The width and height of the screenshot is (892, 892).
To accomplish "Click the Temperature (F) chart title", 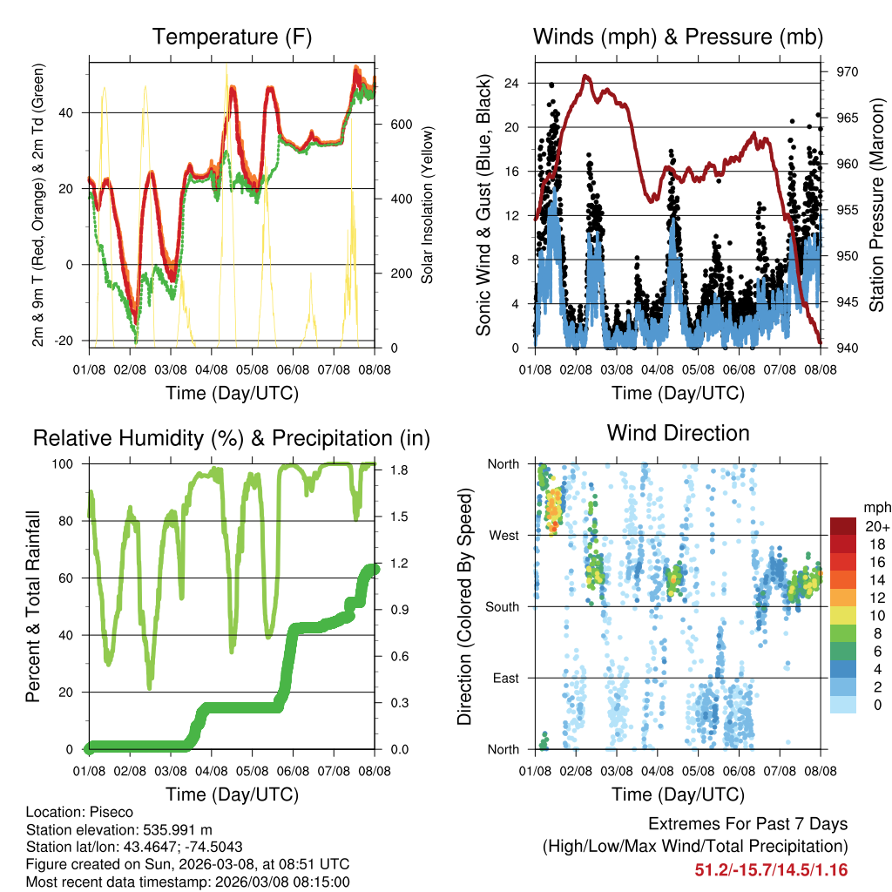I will coord(232,37).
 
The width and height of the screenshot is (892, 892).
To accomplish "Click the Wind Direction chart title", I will coord(678,433).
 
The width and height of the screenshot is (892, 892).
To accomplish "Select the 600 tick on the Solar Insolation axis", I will coord(400,125).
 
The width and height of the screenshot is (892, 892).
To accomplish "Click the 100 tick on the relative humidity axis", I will coord(71,464).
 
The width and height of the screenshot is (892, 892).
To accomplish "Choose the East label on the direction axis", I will coord(505,678).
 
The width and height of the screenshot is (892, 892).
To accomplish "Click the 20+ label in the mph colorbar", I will coord(875,526).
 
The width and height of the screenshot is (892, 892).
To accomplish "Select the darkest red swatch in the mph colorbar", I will coord(842,526).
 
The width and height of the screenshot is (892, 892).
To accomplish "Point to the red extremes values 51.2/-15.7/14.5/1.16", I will coord(771,869).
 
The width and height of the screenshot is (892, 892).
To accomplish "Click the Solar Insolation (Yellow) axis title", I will coord(427,206).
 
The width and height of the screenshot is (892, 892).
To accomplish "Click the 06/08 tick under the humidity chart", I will coord(294,771).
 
